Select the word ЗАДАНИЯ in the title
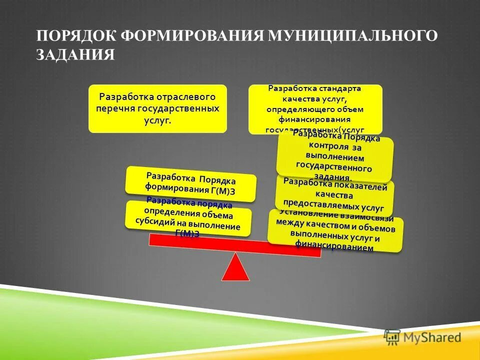pyautogui.click(x=75, y=54)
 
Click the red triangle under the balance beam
pyautogui.click(x=235, y=267)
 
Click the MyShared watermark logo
pyautogui.click(x=423, y=337)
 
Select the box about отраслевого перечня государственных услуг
pyautogui.click(x=157, y=108)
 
